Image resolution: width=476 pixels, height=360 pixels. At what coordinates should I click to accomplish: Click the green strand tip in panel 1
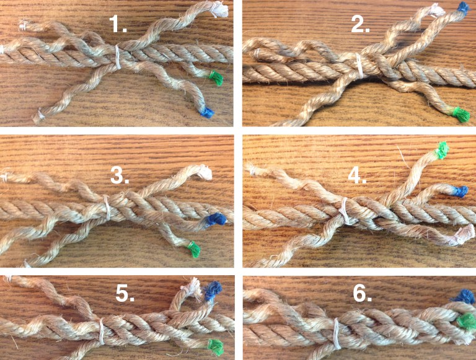click(216, 77)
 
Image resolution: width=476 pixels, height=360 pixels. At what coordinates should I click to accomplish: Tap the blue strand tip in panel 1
click(206, 112)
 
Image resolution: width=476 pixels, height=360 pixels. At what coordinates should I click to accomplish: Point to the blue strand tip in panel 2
click(462, 8)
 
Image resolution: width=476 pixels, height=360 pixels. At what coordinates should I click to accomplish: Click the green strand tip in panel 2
click(459, 113)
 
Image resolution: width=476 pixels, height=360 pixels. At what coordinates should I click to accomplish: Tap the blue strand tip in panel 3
click(216, 219)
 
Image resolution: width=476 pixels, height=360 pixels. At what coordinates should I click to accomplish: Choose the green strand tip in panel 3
click(195, 250)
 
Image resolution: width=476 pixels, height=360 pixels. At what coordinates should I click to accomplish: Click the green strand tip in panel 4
click(442, 149)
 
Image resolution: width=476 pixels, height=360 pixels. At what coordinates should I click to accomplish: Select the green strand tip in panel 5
click(215, 345)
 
